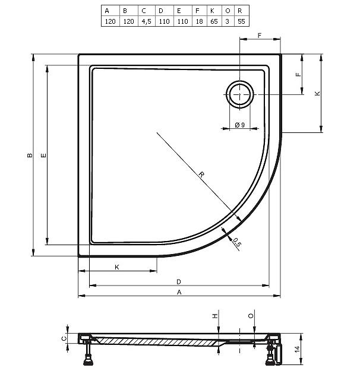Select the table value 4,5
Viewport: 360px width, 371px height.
pyautogui.click(x=146, y=21)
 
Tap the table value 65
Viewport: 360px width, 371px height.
pyautogui.click(x=214, y=21)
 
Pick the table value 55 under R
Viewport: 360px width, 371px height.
pyautogui.click(x=241, y=21)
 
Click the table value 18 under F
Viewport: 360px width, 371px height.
pyautogui.click(x=199, y=21)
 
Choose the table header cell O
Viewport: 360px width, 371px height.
pyautogui.click(x=228, y=11)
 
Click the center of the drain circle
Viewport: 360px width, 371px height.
pyautogui.click(x=239, y=94)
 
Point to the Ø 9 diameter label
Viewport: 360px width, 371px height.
pyautogui.click(x=240, y=125)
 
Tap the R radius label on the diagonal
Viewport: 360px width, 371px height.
pyautogui.click(x=201, y=175)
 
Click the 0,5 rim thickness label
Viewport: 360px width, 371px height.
pyautogui.click(x=237, y=243)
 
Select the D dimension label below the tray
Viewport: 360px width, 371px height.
pyautogui.click(x=179, y=282)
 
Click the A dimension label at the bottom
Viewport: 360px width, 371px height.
pyautogui.click(x=179, y=292)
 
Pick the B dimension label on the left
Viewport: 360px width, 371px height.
pyautogui.click(x=30, y=155)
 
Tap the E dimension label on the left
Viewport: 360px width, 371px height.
pyautogui.click(x=43, y=155)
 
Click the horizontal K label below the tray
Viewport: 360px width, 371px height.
pyautogui.click(x=117, y=267)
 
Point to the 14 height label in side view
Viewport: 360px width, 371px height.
pyautogui.click(x=297, y=349)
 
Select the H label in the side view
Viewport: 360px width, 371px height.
pyautogui.click(x=214, y=316)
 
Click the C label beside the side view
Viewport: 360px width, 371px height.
pyautogui.click(x=64, y=338)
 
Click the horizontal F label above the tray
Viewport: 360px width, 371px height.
pyautogui.click(x=260, y=36)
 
